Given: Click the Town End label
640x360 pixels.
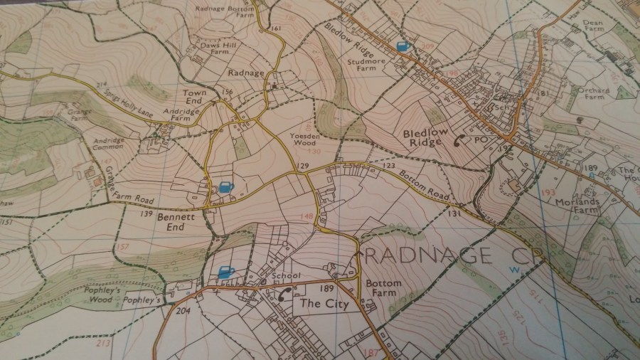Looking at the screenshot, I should coord(193,97).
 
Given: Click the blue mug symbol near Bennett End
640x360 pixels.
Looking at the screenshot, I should coord(225,188).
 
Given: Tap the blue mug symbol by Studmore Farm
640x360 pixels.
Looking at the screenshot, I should coord(402,47).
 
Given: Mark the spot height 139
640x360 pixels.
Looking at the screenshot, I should coord(148,213).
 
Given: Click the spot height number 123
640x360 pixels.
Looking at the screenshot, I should coord(388,166).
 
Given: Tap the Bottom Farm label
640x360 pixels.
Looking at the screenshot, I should coord(383,287).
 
